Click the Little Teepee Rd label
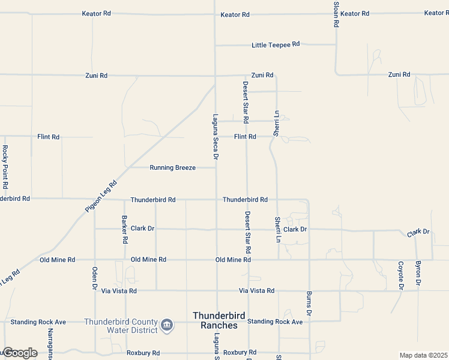(276, 45)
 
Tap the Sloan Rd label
(336, 13)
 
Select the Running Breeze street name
(173, 168)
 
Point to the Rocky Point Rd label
(5, 167)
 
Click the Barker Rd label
(125, 229)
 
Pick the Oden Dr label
(95, 278)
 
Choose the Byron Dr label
(418, 274)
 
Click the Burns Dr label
(309, 304)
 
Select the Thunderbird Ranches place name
(215, 320)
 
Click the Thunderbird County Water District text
(121, 325)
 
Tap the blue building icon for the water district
(167, 326)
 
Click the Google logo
(20, 353)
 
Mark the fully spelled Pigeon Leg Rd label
(100, 197)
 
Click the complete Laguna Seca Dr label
(215, 137)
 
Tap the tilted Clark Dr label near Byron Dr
(418, 232)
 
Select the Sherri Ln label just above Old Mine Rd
(278, 229)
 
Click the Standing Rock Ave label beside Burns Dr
(275, 322)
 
